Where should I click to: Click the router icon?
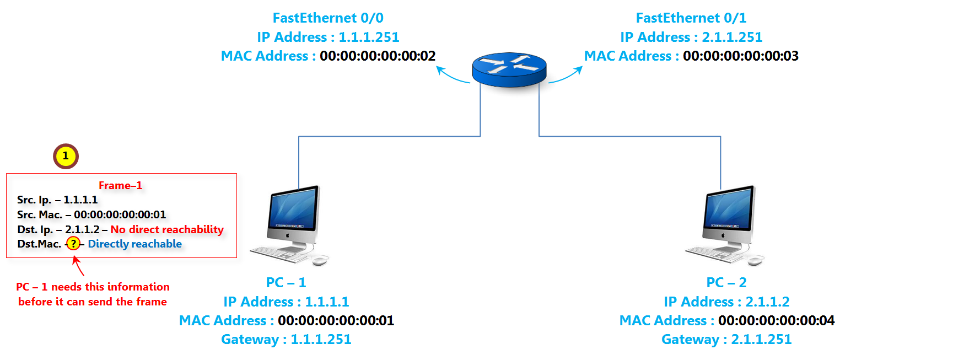pyautogui.click(x=509, y=69)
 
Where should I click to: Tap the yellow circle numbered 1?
pyautogui.click(x=66, y=156)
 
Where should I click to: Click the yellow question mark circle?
pyautogui.click(x=73, y=244)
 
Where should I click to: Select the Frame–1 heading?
pyautogui.click(x=120, y=186)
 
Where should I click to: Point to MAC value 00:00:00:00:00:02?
pyautogui.click(x=378, y=56)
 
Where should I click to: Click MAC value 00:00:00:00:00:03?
pyautogui.click(x=740, y=56)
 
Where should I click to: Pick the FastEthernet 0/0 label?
pyautogui.click(x=328, y=18)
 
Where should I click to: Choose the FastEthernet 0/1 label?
pyautogui.click(x=691, y=18)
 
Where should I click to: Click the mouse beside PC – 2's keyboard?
pyautogui.click(x=755, y=260)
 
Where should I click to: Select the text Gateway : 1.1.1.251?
pyautogui.click(x=286, y=340)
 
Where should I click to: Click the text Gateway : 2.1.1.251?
pyautogui.click(x=726, y=340)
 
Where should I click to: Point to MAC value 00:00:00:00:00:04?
pyautogui.click(x=776, y=320)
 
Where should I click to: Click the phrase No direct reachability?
pyautogui.click(x=167, y=229)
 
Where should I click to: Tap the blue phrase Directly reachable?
pyautogui.click(x=134, y=244)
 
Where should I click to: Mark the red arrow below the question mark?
pyautogui.click(x=78, y=266)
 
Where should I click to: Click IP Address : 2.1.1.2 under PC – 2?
pyautogui.click(x=726, y=302)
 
